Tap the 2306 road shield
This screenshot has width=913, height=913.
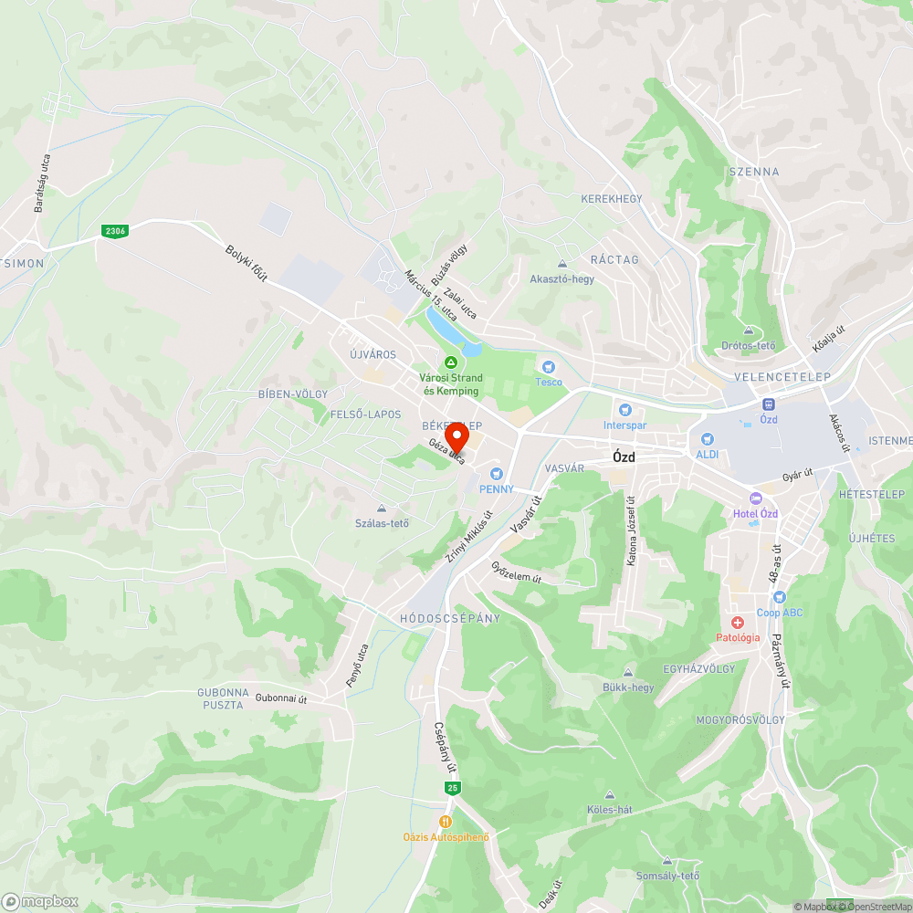pos(114,231)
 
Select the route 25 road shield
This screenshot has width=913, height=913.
pos(452,787)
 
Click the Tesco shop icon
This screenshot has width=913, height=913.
pos(549,366)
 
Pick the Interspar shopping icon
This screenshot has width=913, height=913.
pos(624,410)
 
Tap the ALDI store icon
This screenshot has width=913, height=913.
pos(707,439)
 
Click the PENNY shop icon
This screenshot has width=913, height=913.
pos(497,474)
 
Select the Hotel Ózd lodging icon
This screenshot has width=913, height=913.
pos(755,498)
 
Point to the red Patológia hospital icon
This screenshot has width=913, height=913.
pos(737,622)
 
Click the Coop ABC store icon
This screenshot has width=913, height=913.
pos(779,596)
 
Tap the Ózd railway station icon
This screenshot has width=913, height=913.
pos(769,404)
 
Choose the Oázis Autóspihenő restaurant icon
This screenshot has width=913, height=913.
pos(446,821)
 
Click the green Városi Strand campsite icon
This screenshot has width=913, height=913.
pos(450,362)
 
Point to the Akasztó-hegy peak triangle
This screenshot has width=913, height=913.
pos(561,264)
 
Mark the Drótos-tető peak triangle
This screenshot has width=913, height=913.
pos(748,331)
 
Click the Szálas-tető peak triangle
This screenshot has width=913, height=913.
pos(382,509)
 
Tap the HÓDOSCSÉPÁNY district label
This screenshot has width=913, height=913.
pos(450,618)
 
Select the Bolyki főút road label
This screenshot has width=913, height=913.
pos(247,264)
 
